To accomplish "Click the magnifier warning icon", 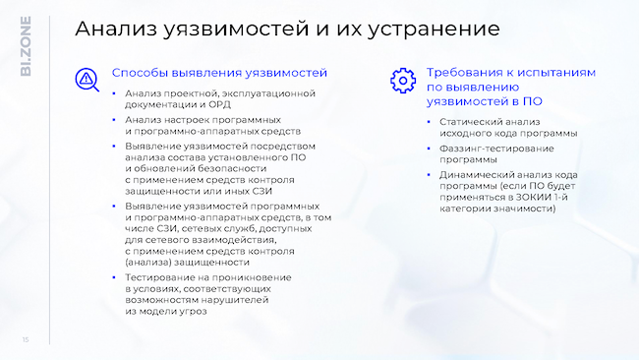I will [x=87, y=79].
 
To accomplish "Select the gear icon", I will [x=401, y=80].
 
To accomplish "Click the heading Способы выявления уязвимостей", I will [x=218, y=73].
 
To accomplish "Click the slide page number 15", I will [x=26, y=340].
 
